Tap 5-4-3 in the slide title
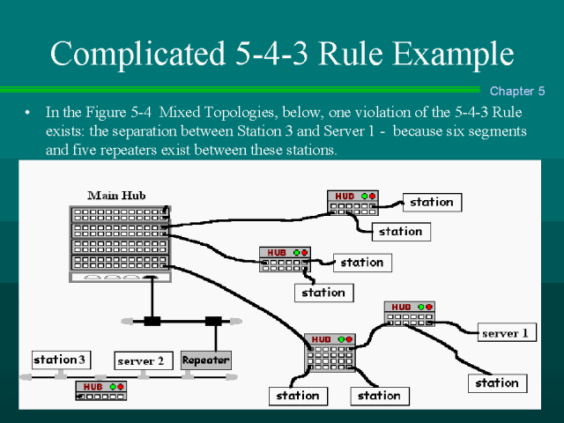[283, 54]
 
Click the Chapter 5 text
[517, 91]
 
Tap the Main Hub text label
[117, 195]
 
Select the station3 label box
[61, 359]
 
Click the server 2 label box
[141, 360]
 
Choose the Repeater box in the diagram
[205, 360]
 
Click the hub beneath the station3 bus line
[101, 390]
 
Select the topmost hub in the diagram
[352, 202]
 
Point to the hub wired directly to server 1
[409, 314]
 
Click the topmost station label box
[432, 202]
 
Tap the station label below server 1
[497, 382]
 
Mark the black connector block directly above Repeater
[212, 321]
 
